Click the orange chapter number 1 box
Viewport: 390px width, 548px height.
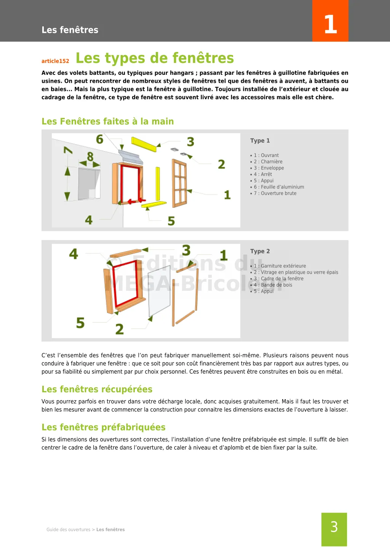pos(330,21)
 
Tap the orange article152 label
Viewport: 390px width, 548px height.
pos(55,61)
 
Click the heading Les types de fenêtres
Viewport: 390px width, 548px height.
pos(155,58)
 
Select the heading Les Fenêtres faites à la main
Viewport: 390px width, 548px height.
pos(107,121)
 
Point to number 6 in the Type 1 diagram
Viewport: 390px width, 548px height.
pos(100,139)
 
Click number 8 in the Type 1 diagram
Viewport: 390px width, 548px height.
pos(90,156)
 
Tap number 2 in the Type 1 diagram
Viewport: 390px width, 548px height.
pos(221,164)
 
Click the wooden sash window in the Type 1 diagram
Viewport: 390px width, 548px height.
pos(179,183)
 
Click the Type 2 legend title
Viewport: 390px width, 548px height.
pos(260,251)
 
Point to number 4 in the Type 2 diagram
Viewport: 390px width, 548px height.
pos(74,254)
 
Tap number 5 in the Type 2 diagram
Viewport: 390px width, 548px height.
pos(80,323)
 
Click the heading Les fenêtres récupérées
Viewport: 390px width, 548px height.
pos(97,389)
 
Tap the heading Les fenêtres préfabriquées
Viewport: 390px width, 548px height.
pos(104,427)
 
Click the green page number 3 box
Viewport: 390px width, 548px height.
pos(334,529)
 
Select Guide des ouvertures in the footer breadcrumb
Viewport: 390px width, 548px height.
pos(69,530)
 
